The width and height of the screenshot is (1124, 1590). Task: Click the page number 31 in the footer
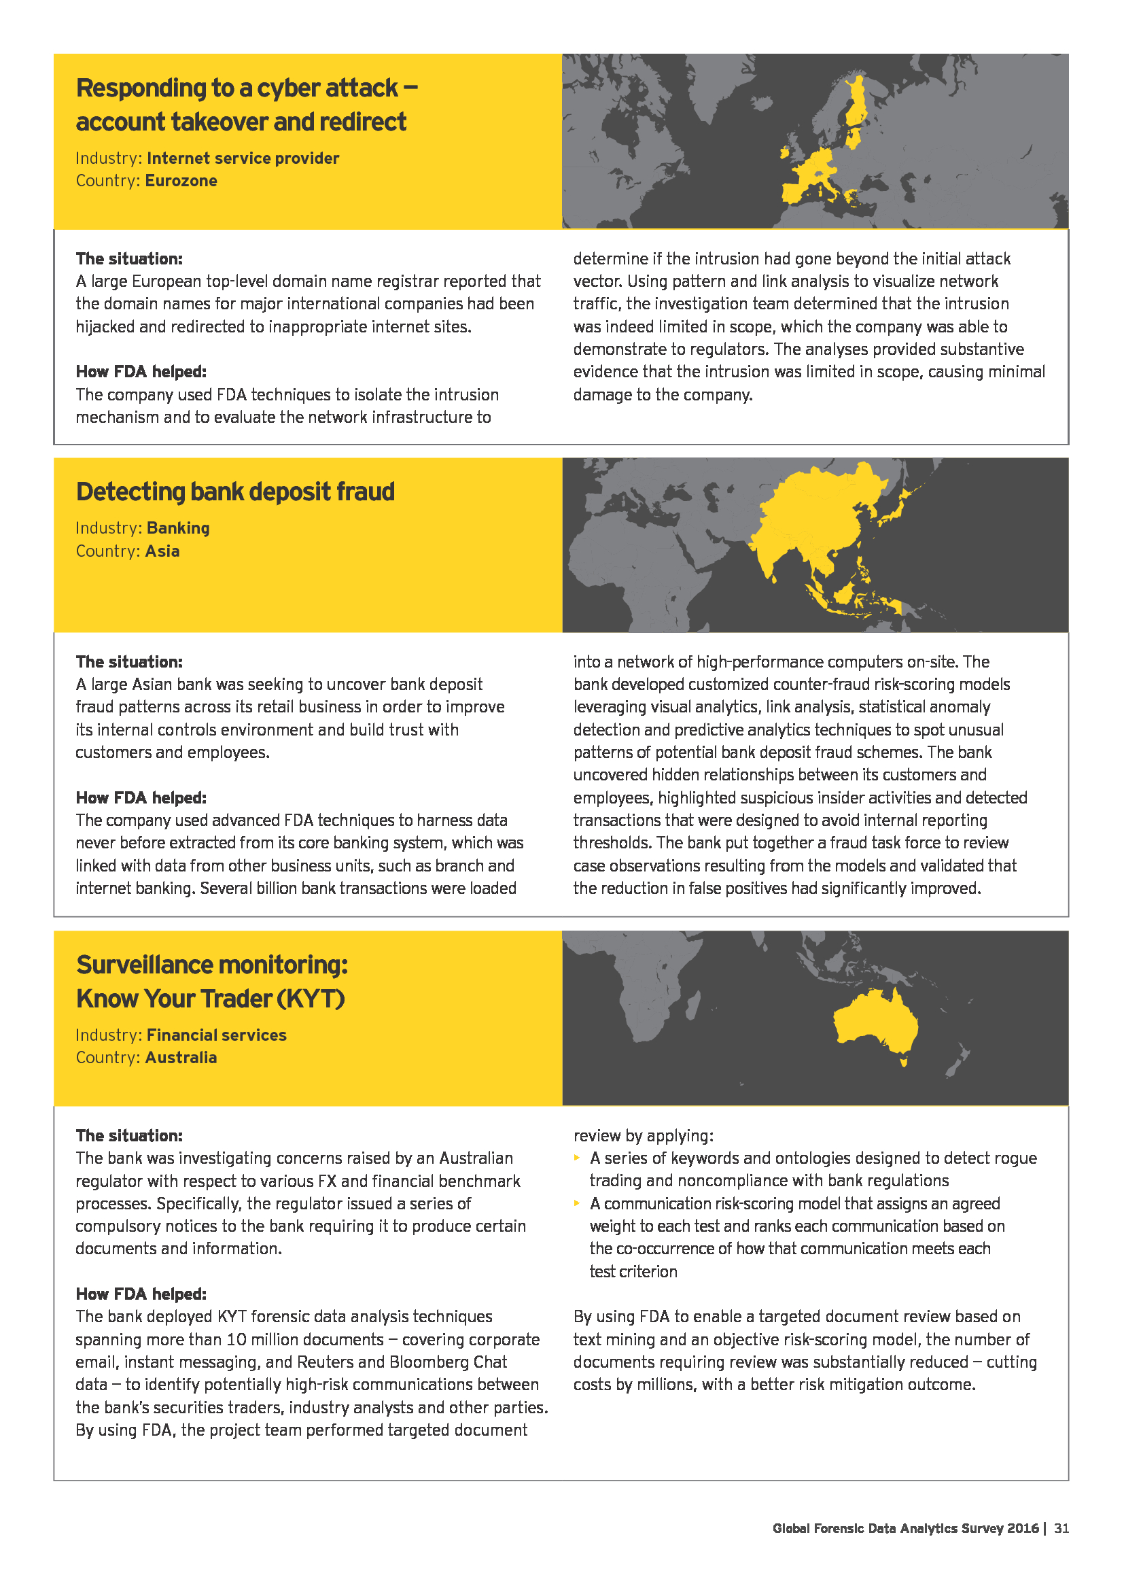pyautogui.click(x=1061, y=1527)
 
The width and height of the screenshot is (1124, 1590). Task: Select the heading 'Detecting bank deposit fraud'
pyautogui.click(x=235, y=491)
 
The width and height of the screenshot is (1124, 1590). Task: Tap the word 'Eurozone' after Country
pyautogui.click(x=181, y=181)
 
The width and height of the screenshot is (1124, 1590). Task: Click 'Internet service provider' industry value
pyautogui.click(x=243, y=158)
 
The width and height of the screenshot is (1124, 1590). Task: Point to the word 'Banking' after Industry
pyautogui.click(x=178, y=528)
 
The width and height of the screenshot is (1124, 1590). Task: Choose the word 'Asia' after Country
pyautogui.click(x=162, y=551)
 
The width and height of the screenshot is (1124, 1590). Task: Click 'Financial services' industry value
pyautogui.click(x=217, y=1035)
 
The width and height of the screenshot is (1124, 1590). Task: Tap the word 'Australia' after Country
pyautogui.click(x=181, y=1058)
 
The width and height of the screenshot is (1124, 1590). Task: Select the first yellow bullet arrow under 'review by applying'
pyautogui.click(x=577, y=1158)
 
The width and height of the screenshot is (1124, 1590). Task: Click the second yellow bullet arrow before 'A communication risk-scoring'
pyautogui.click(x=577, y=1204)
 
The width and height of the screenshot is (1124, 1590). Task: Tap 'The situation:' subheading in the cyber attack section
pyautogui.click(x=129, y=259)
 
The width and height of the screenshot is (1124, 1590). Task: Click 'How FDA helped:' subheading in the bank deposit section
pyautogui.click(x=141, y=798)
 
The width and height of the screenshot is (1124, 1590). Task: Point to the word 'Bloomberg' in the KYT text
pyautogui.click(x=429, y=1362)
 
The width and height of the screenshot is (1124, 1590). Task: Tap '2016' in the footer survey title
pyautogui.click(x=1023, y=1527)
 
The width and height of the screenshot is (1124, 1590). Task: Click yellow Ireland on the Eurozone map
pyautogui.click(x=785, y=152)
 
